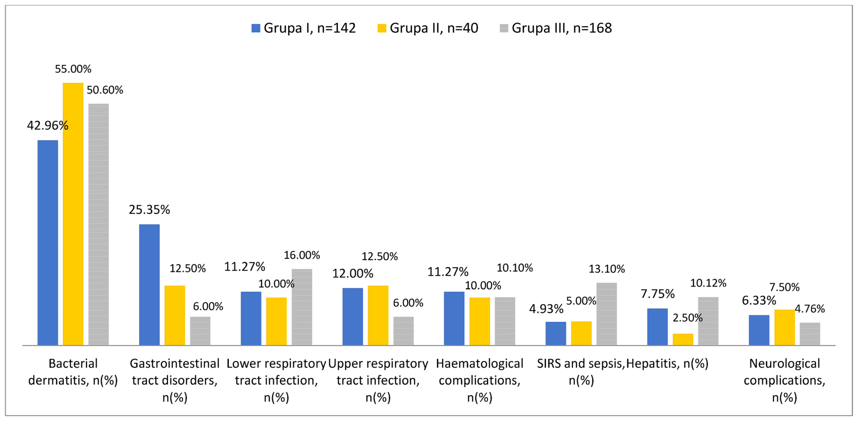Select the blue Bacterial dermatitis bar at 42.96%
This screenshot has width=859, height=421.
point(48,242)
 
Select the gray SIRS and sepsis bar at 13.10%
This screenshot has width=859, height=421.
point(607,314)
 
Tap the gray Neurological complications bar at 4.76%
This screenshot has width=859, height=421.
point(810,333)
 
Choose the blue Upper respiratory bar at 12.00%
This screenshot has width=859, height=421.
point(353,316)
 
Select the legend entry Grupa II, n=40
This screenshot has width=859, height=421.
point(428,28)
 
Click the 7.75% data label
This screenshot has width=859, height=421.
point(658,294)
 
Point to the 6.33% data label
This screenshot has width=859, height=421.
point(759,300)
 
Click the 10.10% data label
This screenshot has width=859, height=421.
point(515,268)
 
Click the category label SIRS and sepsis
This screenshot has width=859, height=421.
point(581,371)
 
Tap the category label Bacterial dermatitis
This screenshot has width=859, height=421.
point(73,371)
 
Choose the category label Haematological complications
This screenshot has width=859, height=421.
point(479,380)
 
